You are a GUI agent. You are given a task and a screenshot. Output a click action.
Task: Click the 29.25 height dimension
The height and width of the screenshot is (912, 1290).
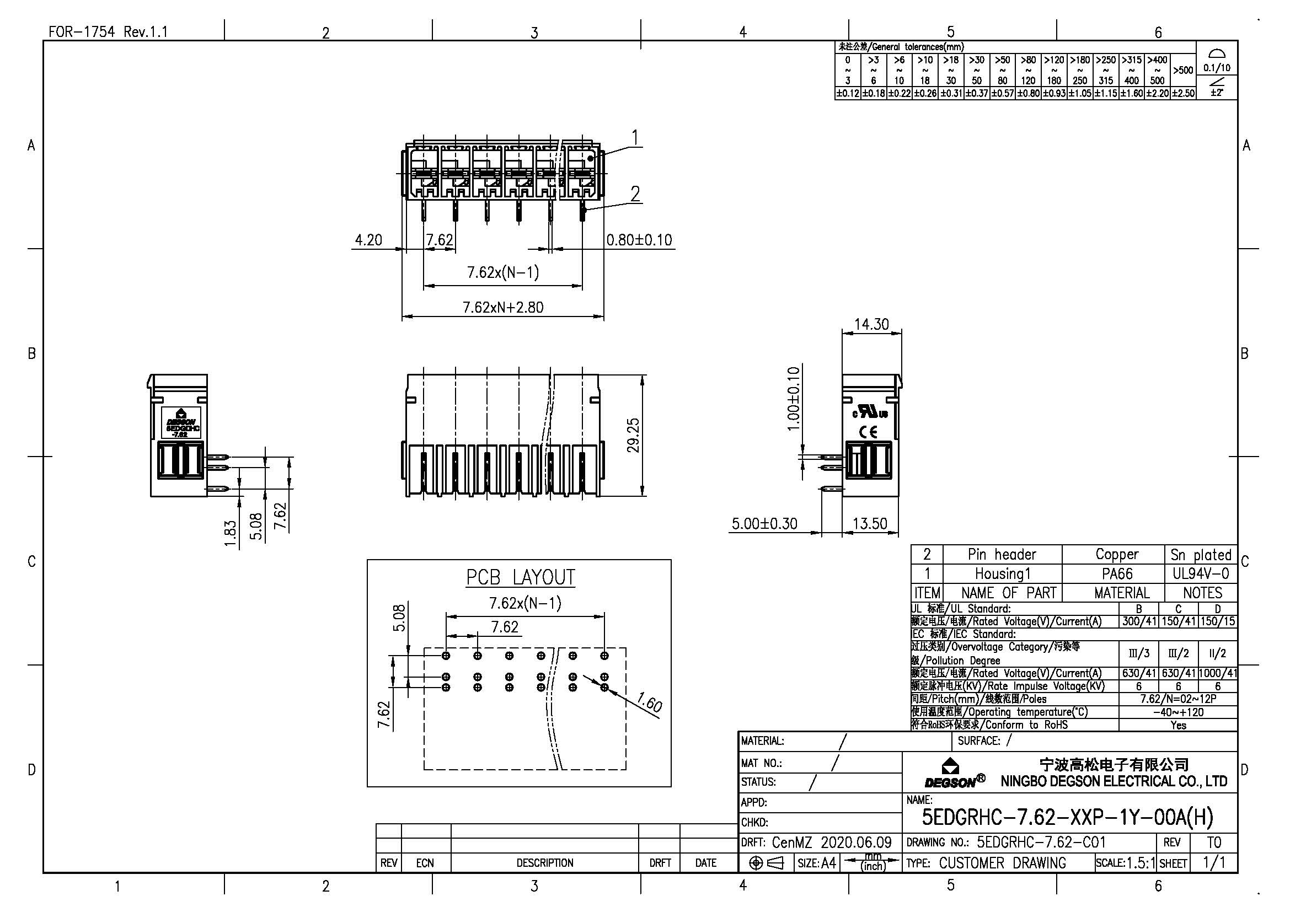click(x=633, y=435)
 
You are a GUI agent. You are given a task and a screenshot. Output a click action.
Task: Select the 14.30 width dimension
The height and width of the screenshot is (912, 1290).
click(x=871, y=324)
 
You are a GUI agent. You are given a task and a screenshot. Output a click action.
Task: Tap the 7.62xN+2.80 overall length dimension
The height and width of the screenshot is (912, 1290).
click(x=503, y=307)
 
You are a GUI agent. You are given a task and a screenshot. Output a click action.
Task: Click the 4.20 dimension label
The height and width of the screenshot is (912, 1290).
click(x=368, y=240)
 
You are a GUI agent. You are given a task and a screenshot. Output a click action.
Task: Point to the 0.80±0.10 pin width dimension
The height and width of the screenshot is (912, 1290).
click(x=639, y=240)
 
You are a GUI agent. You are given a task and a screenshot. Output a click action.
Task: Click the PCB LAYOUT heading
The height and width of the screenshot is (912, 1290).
click(x=520, y=577)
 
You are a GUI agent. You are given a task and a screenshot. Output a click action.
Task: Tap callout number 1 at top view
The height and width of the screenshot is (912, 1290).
click(x=635, y=137)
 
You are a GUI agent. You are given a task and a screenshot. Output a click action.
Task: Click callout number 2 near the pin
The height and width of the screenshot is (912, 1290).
click(x=635, y=194)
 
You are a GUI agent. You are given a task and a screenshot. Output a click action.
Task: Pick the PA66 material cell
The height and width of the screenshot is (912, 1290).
click(x=1117, y=573)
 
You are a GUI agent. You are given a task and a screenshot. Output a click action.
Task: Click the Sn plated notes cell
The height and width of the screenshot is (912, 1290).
click(x=1201, y=555)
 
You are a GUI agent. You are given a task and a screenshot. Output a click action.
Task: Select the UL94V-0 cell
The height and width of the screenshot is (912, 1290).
click(x=1201, y=573)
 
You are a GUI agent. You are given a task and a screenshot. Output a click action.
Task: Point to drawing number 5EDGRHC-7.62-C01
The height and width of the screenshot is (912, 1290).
click(x=1041, y=843)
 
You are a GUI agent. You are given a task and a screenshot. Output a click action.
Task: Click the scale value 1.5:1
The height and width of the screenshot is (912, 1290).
click(x=1141, y=862)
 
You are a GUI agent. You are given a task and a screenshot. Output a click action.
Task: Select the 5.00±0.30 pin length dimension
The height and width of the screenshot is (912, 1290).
click(x=764, y=523)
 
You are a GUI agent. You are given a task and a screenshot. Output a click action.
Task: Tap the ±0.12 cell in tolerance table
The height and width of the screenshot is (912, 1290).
click(x=847, y=94)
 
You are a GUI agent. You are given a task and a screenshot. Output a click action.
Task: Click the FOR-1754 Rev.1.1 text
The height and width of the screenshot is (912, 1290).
click(x=108, y=31)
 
